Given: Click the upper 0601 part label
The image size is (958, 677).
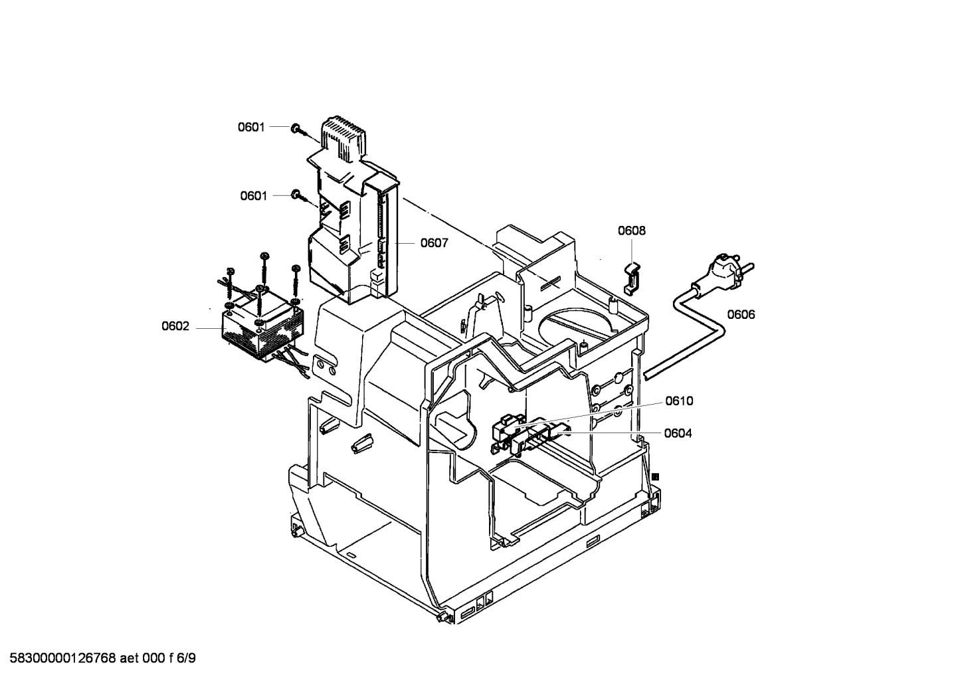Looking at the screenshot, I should point(252,127).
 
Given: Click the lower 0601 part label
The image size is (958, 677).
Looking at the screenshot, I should point(253,196).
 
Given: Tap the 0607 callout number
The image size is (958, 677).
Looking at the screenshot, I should point(434,243).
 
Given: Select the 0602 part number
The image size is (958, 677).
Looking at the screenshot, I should point(175,326).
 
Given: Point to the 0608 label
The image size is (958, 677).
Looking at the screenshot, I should point(631,231).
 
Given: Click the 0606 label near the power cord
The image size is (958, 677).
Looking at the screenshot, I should point(741,314).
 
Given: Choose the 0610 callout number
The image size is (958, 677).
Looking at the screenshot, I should point(679,401).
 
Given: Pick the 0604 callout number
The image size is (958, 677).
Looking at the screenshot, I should point(678,433).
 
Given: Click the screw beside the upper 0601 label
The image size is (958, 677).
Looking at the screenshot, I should point(296,128).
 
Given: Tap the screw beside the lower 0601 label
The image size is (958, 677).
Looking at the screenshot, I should point(297,195).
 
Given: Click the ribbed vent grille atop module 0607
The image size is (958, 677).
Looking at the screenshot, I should point(344,136).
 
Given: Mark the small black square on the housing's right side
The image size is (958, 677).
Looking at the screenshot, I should point(656,476).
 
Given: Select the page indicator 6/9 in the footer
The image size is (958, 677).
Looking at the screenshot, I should point(188,658).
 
